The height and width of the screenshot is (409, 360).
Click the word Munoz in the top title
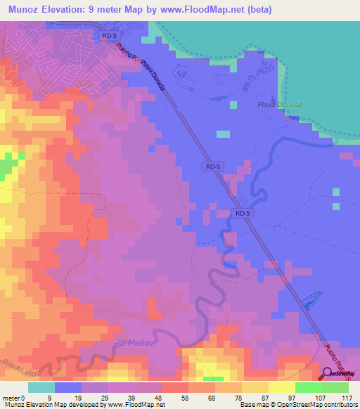[25, 10]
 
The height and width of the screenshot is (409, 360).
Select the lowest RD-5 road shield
[242, 213]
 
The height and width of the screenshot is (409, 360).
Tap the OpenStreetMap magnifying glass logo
[328, 375]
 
